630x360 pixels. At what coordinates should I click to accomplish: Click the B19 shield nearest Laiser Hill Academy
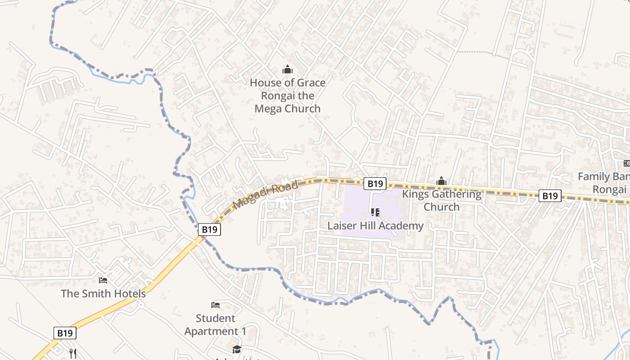point(375,183)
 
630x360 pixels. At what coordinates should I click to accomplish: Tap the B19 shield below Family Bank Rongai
point(549,196)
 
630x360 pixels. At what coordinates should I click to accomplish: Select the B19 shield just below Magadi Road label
point(209,229)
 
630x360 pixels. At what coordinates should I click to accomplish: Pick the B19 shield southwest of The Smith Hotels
point(65,333)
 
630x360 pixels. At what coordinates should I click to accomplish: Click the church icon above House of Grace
point(287,70)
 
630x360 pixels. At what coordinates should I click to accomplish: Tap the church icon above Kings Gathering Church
point(441,181)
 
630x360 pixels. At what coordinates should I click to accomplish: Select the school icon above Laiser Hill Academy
point(375,212)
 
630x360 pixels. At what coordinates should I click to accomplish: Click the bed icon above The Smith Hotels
point(103,280)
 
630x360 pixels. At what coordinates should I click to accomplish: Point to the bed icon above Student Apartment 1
point(216,305)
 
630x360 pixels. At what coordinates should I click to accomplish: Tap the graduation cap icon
point(237,349)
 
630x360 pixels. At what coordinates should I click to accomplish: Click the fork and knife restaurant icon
point(73,354)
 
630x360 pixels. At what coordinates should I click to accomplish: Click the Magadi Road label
point(266,195)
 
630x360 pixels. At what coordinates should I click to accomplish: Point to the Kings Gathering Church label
point(441,200)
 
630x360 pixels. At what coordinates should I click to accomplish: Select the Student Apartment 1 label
point(216,324)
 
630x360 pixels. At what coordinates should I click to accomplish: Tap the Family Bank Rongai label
point(603,183)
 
